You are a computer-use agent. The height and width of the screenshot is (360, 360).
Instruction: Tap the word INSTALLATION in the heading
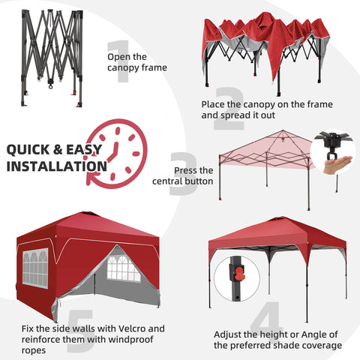click(x=56, y=166)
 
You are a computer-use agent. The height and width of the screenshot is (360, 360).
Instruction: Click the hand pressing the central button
click(x=338, y=162)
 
